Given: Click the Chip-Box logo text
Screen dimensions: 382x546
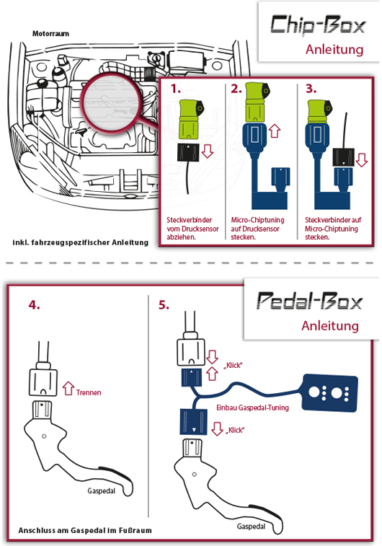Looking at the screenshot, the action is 318,25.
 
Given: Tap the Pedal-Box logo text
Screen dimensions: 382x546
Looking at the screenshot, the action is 310,301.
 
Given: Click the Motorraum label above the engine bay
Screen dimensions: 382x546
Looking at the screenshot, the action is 50,34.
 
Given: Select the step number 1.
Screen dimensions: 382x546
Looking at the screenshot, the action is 175,89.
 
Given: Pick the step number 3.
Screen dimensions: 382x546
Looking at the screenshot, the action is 311,89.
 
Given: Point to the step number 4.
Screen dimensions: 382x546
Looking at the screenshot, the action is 34,305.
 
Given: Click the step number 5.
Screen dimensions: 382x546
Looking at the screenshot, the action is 164,305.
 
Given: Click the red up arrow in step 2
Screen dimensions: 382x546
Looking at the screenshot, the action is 275,131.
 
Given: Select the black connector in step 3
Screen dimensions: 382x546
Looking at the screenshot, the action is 343,157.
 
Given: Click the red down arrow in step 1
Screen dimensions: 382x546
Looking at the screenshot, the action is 208,151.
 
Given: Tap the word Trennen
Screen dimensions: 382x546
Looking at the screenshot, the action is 89,392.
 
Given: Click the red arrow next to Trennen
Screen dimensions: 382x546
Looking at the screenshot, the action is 68,388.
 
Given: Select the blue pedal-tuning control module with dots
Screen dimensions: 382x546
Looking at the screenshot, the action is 330,393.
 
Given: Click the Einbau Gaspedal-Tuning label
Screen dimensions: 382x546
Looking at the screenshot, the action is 252,408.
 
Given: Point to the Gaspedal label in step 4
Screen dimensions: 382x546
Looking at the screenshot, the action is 101,491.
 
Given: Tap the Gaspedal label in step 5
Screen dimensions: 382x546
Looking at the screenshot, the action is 251,527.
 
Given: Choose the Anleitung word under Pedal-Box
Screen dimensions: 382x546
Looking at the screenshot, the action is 330,326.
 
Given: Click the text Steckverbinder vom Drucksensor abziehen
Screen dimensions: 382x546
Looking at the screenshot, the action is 192,229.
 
